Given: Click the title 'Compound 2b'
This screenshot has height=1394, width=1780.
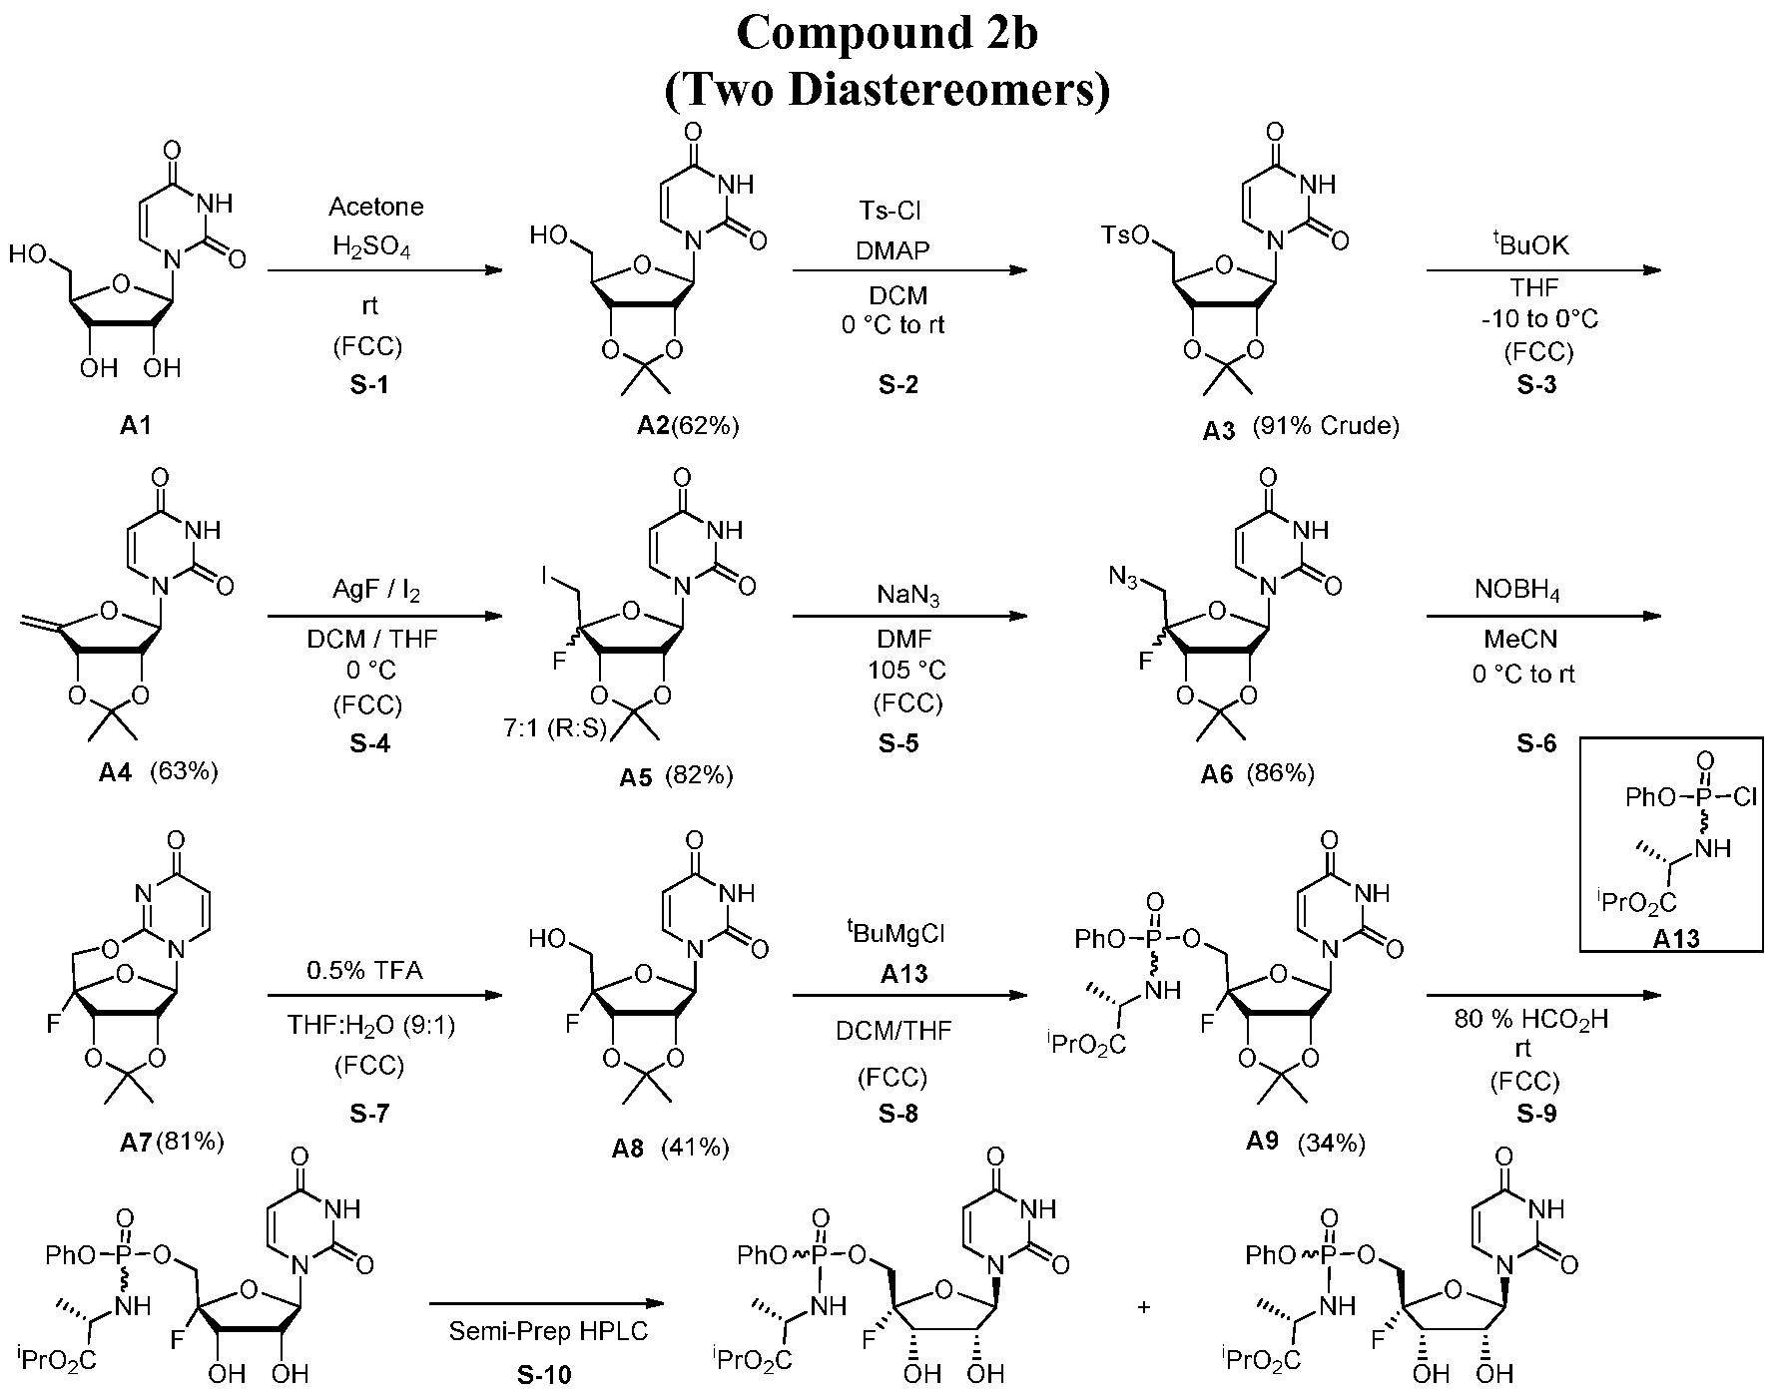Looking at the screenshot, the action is click(x=888, y=33).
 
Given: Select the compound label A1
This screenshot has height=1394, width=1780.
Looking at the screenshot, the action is click(x=136, y=426).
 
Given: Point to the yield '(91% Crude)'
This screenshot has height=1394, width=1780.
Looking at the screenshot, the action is click(x=1320, y=426).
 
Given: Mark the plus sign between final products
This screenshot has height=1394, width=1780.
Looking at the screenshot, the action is click(x=1144, y=1306).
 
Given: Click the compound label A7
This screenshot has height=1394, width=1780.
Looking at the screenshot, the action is click(x=134, y=1142).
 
